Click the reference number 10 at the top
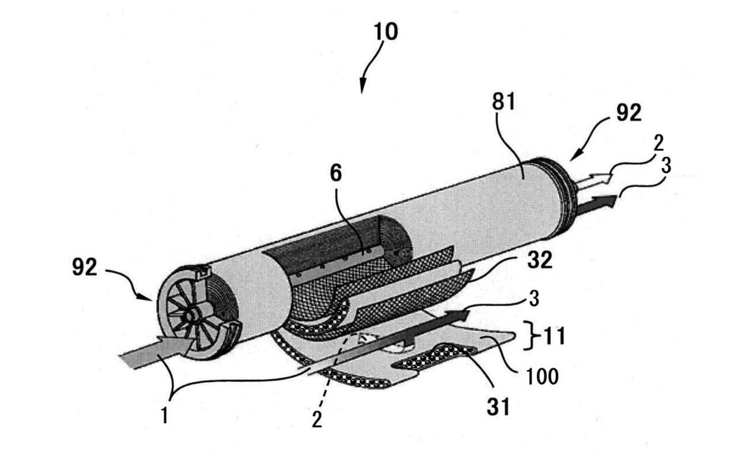(386, 32)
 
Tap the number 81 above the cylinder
(503, 101)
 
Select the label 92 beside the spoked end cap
(85, 268)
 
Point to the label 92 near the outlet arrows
(629, 112)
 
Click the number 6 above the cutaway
(336, 174)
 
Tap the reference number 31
(498, 407)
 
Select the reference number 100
(542, 377)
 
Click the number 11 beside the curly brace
(554, 337)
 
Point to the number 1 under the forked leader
(164, 416)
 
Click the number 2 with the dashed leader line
(317, 420)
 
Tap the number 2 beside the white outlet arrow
(659, 142)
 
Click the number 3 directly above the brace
(534, 299)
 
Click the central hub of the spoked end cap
(190, 317)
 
